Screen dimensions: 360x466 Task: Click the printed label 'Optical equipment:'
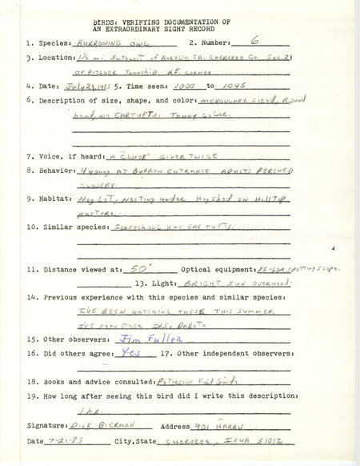(x=212, y=271)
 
